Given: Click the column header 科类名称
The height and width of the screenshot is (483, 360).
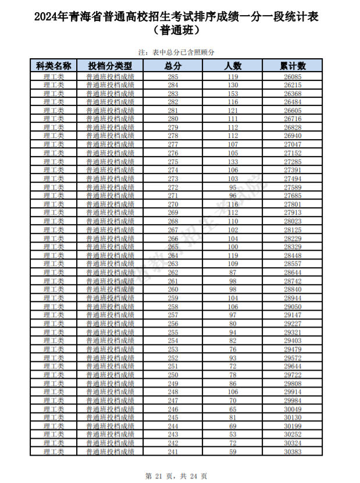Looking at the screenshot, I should click(54, 66).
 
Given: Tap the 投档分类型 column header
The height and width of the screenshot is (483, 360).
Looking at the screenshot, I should click(110, 66).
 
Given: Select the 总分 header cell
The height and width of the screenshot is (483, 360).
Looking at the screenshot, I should click(173, 66).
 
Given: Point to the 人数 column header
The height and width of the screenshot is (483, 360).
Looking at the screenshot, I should click(233, 66).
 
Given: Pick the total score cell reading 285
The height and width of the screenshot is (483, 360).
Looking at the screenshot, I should click(173, 77).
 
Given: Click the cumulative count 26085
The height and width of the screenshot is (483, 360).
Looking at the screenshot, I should click(293, 77).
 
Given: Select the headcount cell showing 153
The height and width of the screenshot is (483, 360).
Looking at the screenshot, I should click(233, 94).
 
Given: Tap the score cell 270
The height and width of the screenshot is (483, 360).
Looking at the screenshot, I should click(173, 204).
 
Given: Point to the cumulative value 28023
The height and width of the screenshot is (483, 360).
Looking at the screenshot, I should click(293, 221).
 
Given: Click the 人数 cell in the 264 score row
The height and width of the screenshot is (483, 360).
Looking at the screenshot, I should click(233, 255).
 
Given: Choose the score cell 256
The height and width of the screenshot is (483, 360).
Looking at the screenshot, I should click(173, 324).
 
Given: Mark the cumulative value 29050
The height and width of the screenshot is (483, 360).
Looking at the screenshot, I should click(293, 307).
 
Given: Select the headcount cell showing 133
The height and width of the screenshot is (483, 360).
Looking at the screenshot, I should click(233, 162).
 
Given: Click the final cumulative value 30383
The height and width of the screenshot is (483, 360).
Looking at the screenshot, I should click(293, 452).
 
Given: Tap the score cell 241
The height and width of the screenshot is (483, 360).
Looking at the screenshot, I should click(173, 452).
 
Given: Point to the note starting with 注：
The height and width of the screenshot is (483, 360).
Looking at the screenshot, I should click(178, 52).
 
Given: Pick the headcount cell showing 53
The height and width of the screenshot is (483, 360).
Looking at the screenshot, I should click(233, 435).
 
